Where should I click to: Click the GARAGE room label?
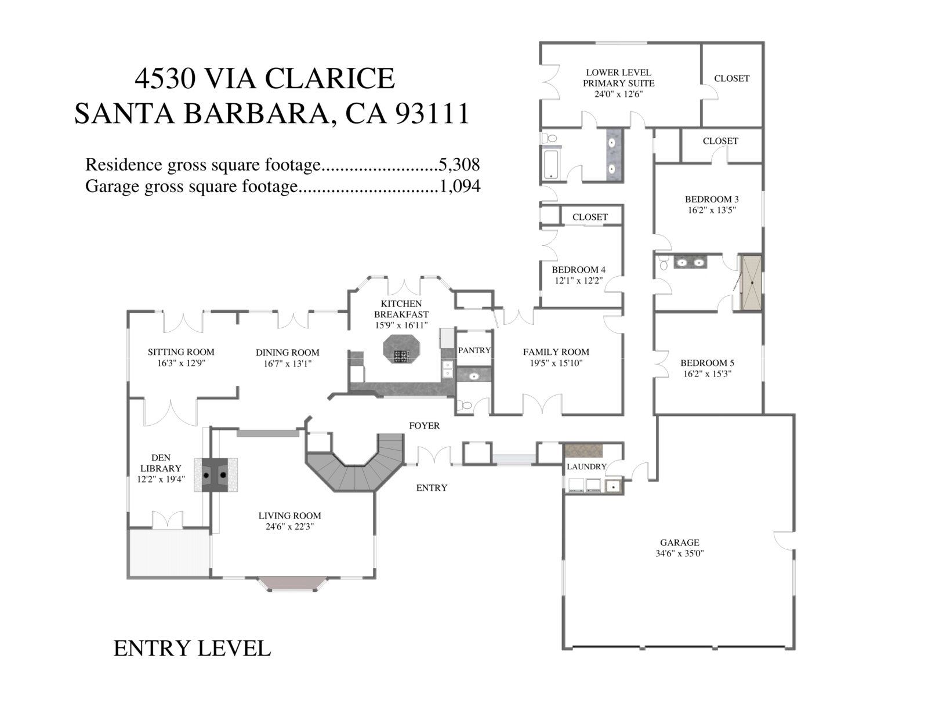679,543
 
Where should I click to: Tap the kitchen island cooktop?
401,356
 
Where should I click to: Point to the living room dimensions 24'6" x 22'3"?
289,527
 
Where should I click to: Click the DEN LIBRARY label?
161,463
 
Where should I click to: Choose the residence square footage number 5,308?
459,165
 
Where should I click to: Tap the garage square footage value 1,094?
459,186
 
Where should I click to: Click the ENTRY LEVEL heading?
192,649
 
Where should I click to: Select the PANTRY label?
474,350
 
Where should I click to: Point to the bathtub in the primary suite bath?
550,164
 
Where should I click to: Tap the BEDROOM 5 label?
707,363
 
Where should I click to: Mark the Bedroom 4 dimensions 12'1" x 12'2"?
578,281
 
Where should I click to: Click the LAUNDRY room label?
586,466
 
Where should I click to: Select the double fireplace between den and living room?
215,475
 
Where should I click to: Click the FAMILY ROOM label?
556,352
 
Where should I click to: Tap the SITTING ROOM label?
181,352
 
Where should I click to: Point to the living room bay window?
292,583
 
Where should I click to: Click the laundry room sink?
613,486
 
